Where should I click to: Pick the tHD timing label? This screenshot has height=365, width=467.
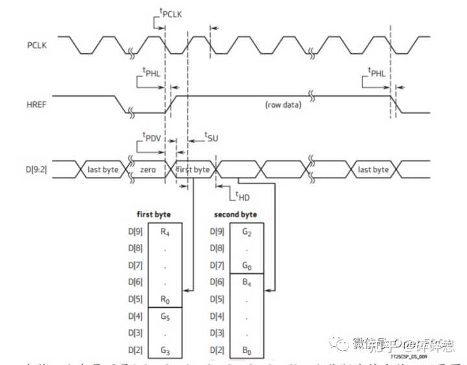click(x=241, y=196)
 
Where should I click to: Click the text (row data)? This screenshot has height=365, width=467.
click(x=283, y=104)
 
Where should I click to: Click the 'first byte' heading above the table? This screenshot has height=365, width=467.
click(x=153, y=214)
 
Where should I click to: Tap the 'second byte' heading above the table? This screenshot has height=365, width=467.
click(x=235, y=214)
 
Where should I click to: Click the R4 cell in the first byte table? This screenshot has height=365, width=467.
click(x=166, y=230)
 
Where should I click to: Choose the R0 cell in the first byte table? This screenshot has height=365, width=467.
click(x=166, y=300)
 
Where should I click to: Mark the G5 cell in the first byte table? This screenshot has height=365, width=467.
click(x=166, y=317)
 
